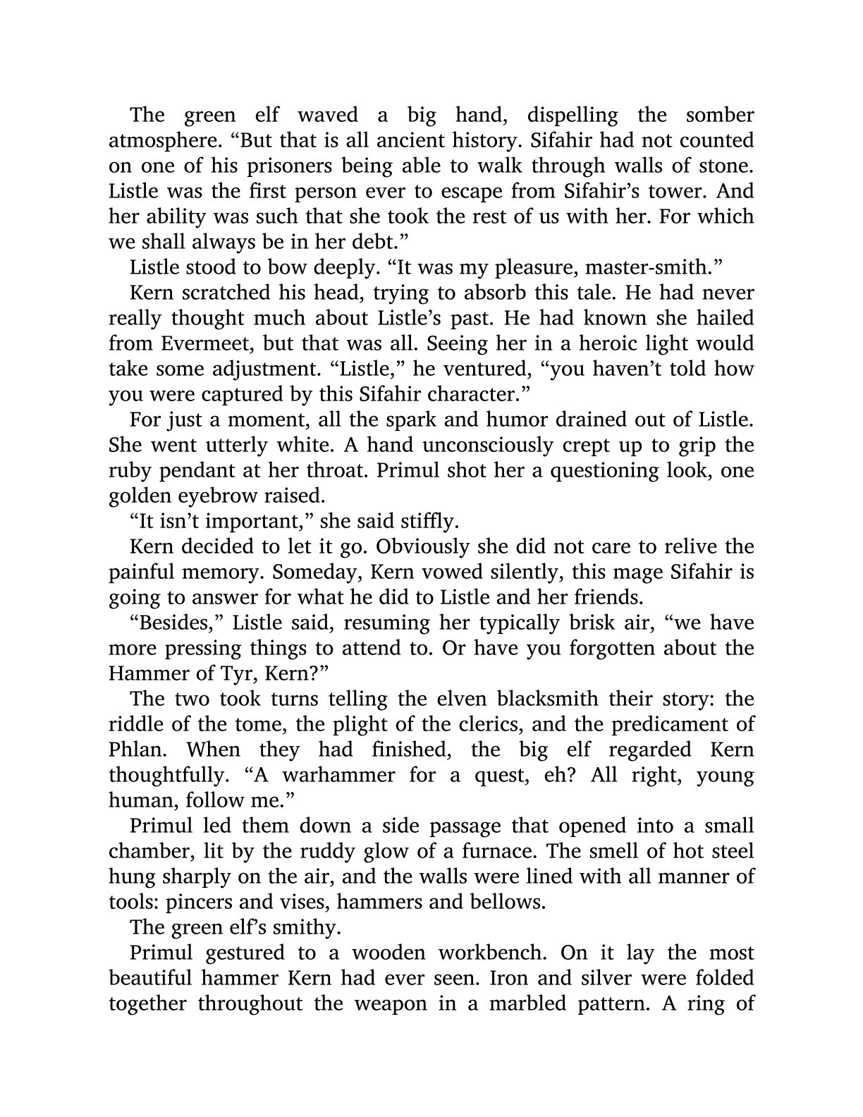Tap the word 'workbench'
(491, 953)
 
